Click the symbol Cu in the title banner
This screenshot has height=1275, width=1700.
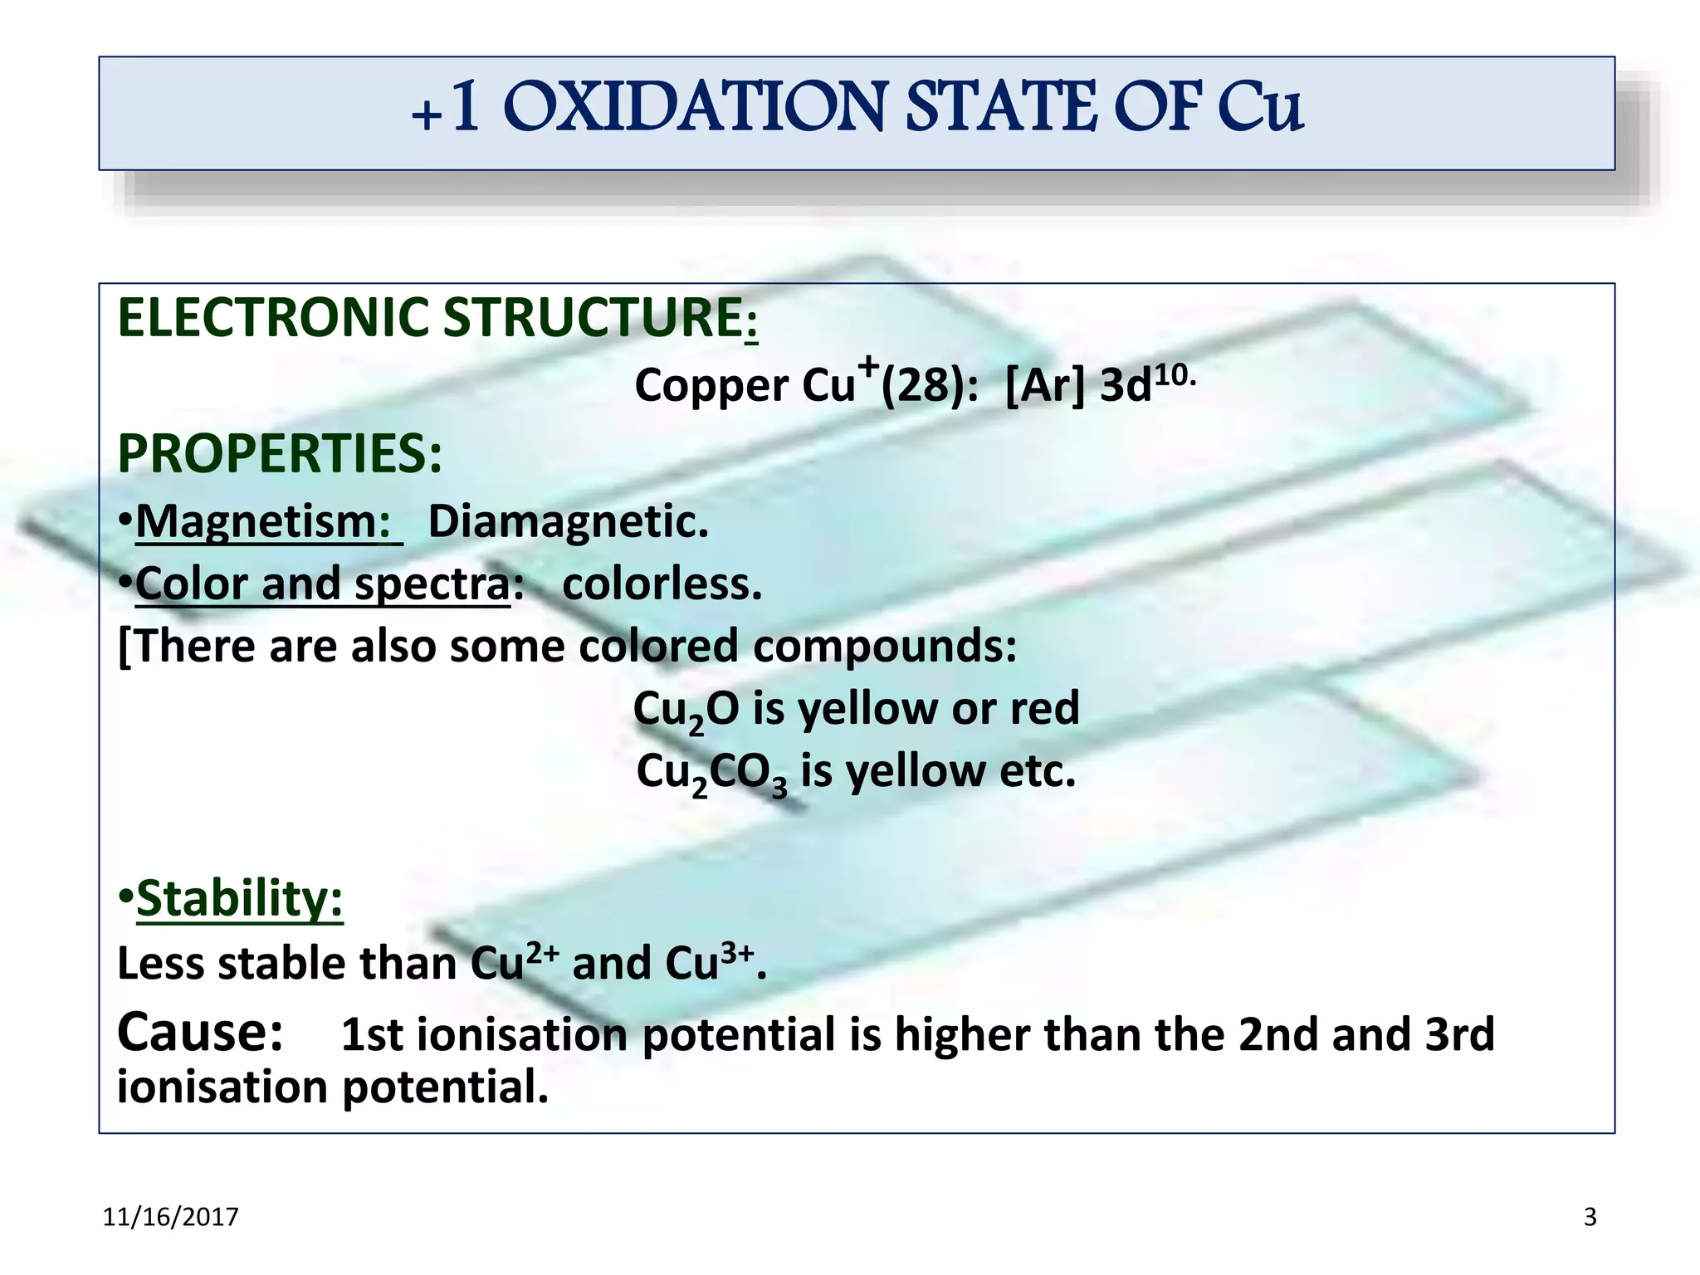[x=1260, y=108]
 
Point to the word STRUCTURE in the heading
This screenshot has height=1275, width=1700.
[x=594, y=318]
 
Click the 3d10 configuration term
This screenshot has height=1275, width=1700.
[x=1146, y=383]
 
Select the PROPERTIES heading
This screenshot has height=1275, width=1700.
[x=280, y=454]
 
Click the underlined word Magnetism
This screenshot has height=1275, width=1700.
[x=262, y=522]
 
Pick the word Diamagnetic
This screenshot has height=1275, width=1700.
[x=568, y=522]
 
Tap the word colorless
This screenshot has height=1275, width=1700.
[x=662, y=584]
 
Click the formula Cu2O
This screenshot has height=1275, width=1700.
[x=686, y=711]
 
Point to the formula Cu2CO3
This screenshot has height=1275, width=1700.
[x=711, y=774]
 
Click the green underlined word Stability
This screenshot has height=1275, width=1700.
[x=239, y=899]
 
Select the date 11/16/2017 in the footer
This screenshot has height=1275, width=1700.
[x=170, y=1217]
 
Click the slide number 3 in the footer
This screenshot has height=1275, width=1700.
[x=1590, y=1217]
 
